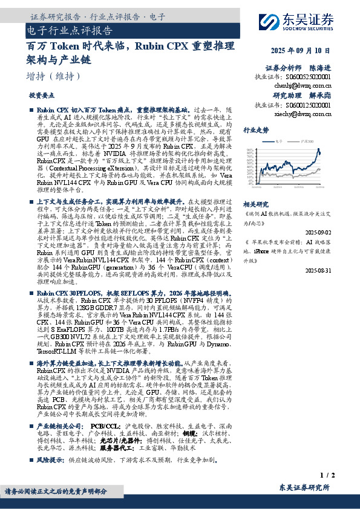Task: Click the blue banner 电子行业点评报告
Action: (70, 30)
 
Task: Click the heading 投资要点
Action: (41, 96)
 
